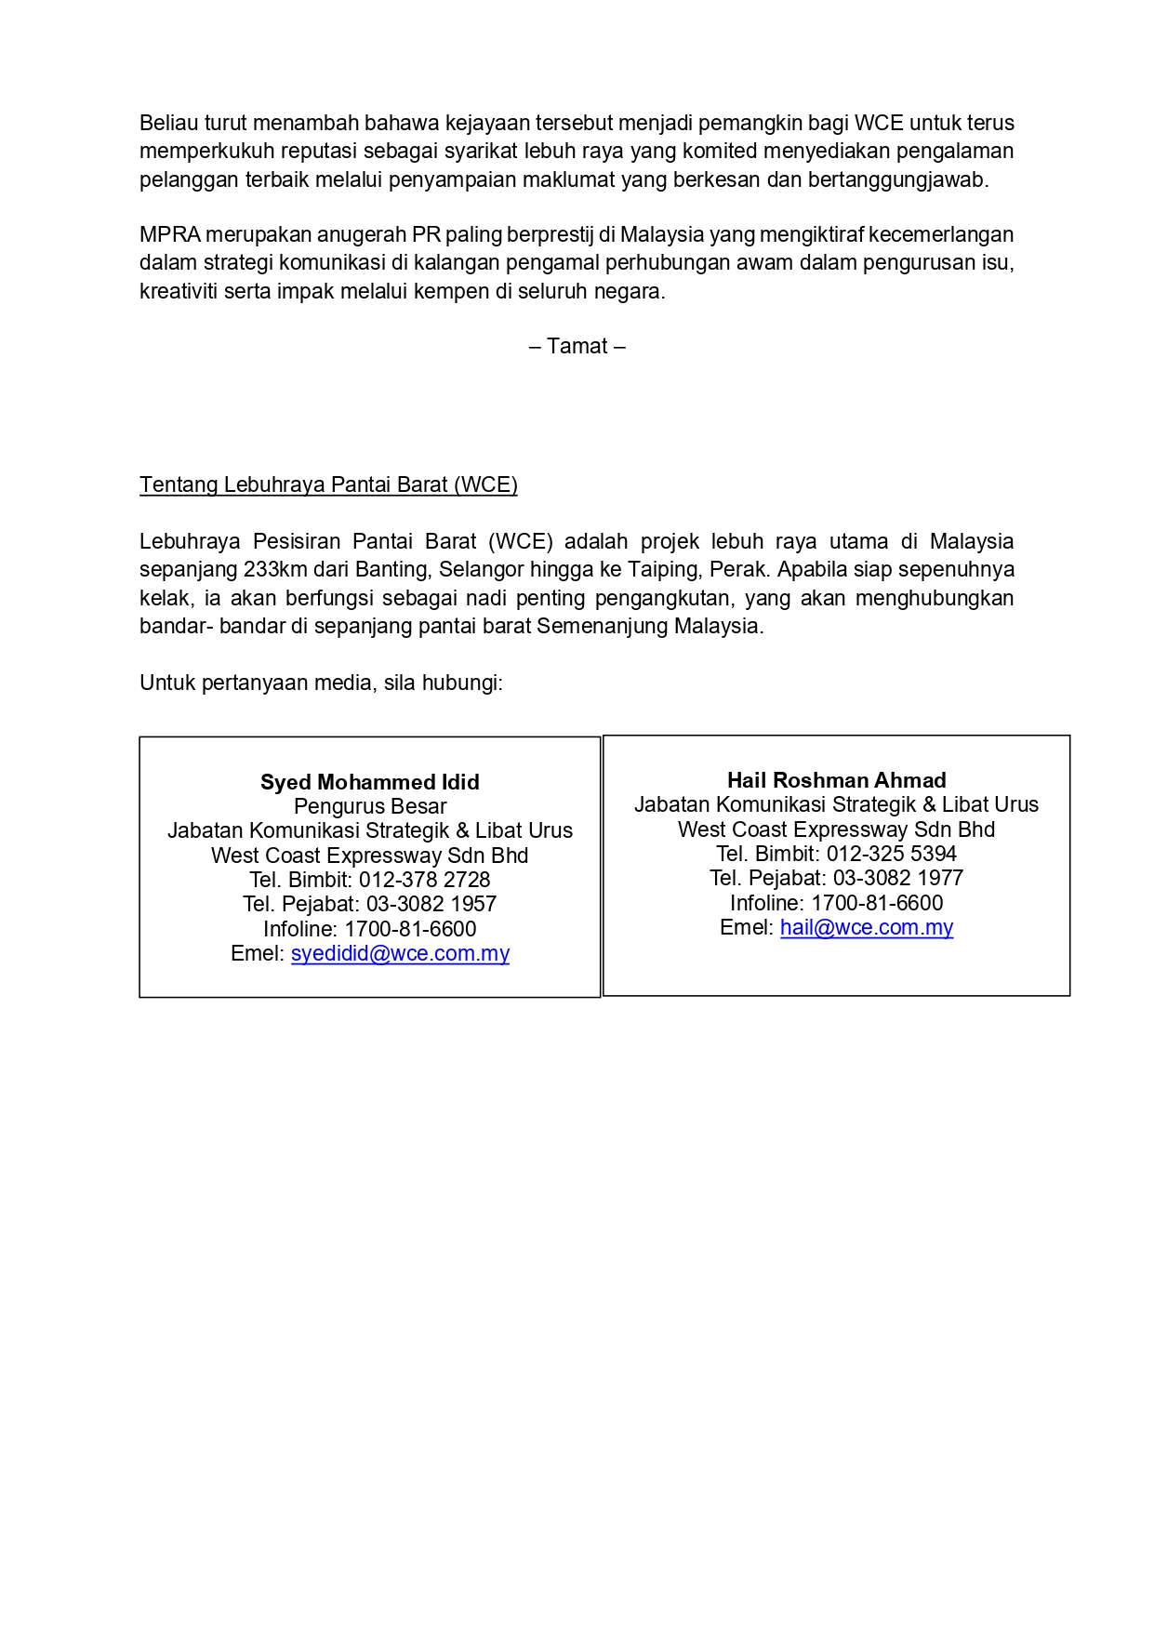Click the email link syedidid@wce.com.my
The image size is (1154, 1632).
pos(400,953)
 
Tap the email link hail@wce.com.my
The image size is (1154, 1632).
pos(867,927)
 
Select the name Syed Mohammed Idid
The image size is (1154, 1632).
pos(370,782)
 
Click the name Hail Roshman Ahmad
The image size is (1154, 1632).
pos(837,780)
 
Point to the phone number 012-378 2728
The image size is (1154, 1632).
pos(424,880)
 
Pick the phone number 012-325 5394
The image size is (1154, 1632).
pos(891,854)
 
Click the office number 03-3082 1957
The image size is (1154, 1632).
pos(431,904)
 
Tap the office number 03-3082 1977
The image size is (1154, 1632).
pos(898,878)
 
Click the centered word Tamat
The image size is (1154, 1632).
pos(577,346)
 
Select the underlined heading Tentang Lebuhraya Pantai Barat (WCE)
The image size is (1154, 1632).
pos(328,484)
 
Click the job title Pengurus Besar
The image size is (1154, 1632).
pos(370,806)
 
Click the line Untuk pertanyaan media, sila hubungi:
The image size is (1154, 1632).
pos(321,683)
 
